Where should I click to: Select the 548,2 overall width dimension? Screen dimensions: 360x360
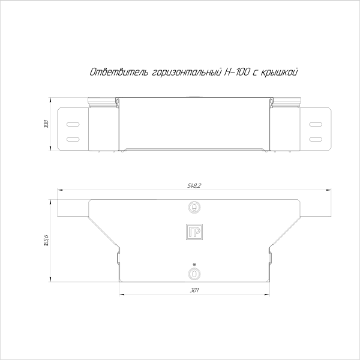[x=194, y=186]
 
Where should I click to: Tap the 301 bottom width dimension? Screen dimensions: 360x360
[x=194, y=290]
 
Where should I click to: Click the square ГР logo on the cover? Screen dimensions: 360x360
[x=194, y=233]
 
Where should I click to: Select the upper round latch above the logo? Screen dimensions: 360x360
[x=194, y=208]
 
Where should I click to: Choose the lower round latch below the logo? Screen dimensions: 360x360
[x=194, y=274]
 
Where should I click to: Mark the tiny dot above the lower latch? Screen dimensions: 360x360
[x=194, y=265]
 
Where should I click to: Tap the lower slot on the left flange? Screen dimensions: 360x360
[x=72, y=139]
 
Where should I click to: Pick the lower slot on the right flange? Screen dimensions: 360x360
[x=316, y=139]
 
